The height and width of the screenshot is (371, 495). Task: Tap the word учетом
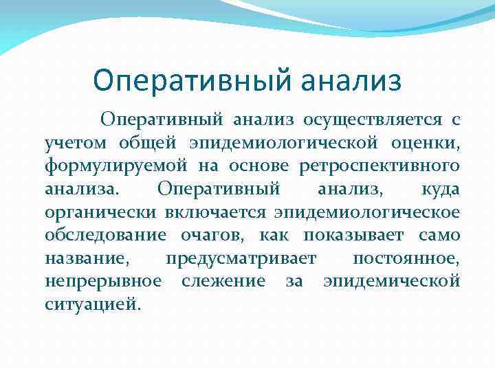pyautogui.click(x=76, y=143)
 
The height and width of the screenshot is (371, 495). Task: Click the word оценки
pyautogui.click(x=426, y=143)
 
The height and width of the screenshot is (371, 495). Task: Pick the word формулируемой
pyautogui.click(x=117, y=166)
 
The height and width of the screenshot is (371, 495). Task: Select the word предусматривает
pyautogui.click(x=241, y=258)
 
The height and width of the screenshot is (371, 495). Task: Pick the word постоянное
pyautogui.click(x=406, y=258)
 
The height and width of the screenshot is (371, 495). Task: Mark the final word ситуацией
pyautogui.click(x=92, y=303)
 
